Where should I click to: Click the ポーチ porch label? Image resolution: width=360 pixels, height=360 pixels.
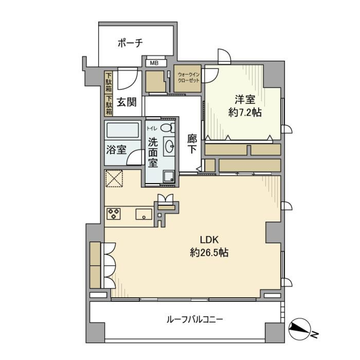(130, 43)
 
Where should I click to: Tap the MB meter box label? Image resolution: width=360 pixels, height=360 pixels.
(154, 63)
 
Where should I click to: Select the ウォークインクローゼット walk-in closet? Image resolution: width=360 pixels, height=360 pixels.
(187, 79)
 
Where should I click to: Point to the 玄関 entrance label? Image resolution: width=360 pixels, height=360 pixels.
(126, 102)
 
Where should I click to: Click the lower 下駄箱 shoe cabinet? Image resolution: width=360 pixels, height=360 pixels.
(108, 105)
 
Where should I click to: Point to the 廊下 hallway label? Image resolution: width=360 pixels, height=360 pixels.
(192, 144)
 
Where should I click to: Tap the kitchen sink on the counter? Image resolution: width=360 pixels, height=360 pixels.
(143, 214)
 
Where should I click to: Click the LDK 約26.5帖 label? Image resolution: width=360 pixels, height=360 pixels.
(209, 246)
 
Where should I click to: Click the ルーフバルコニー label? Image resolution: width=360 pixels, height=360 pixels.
(195, 320)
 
